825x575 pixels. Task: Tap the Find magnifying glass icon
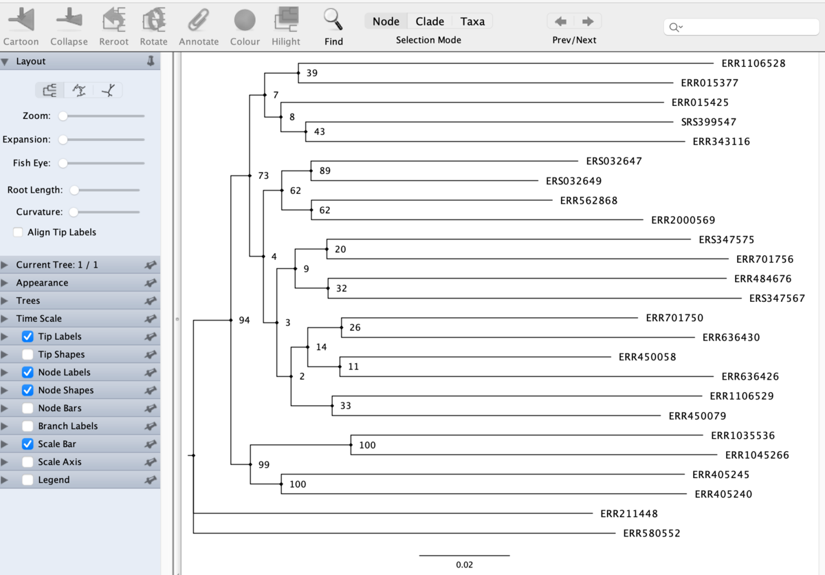point(333,19)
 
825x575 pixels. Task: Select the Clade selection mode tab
point(430,21)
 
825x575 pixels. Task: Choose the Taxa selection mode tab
point(472,21)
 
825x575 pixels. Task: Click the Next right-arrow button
point(588,21)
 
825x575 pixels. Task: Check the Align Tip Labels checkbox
point(18,232)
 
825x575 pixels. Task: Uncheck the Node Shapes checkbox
point(27,390)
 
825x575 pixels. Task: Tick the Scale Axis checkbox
point(27,462)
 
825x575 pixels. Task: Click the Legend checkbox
point(27,479)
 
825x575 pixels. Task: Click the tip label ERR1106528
point(753,63)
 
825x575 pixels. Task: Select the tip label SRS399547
point(708,122)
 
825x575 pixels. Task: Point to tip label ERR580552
point(652,533)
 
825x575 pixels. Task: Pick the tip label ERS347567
point(777,298)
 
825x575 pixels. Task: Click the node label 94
point(244,320)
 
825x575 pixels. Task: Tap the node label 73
point(263,175)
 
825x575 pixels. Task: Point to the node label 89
point(324,171)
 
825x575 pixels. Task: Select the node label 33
point(345,406)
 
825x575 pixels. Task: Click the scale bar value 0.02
point(464,564)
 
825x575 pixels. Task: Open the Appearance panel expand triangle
point(4,283)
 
